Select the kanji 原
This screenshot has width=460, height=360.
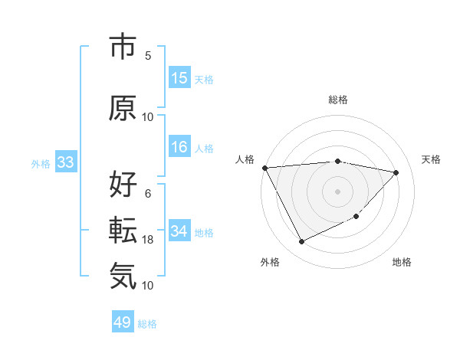pyautogui.click(x=123, y=108)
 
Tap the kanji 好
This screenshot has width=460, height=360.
pyautogui.click(x=123, y=185)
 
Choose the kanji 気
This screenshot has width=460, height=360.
pyautogui.click(x=123, y=275)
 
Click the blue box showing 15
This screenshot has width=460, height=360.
pyautogui.click(x=179, y=78)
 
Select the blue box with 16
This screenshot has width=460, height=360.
pyautogui.click(x=179, y=147)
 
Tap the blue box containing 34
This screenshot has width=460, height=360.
pyautogui.click(x=179, y=231)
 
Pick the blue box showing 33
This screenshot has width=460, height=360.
pyautogui.click(x=65, y=162)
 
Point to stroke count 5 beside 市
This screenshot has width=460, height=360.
pyautogui.click(x=148, y=55)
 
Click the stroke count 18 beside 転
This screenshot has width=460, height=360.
pyautogui.click(x=148, y=240)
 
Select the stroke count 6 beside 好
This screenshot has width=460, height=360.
pyautogui.click(x=148, y=194)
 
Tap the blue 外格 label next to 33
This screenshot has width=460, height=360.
pyautogui.click(x=41, y=163)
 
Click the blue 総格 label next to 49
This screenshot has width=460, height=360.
pyautogui.click(x=147, y=323)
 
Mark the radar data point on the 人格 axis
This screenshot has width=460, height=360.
pyautogui.click(x=264, y=168)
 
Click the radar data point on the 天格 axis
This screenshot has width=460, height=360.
pyautogui.click(x=396, y=172)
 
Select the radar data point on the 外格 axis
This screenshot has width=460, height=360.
pyautogui.click(x=301, y=242)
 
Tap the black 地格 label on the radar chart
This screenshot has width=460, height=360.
pyautogui.click(x=402, y=262)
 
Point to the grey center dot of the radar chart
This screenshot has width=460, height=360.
pyautogui.click(x=337, y=191)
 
